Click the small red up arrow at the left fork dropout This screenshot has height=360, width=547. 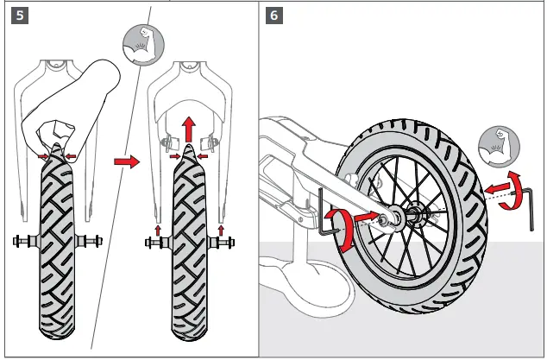158,228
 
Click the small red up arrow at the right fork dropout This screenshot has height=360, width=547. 223,228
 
